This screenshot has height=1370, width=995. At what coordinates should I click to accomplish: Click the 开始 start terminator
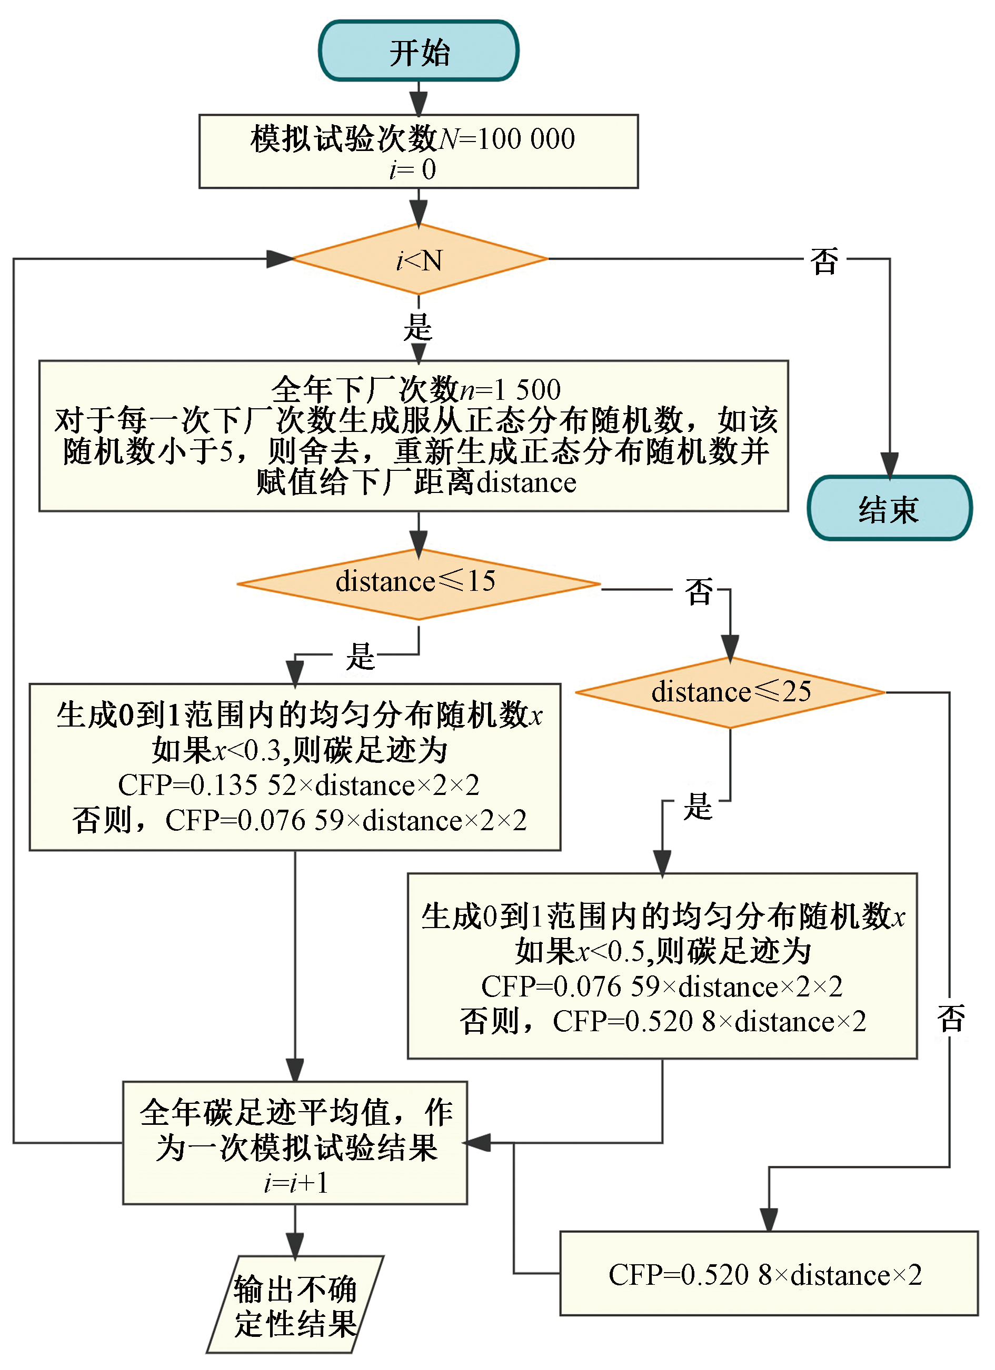tap(419, 52)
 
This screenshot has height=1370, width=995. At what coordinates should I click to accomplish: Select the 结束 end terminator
tap(889, 509)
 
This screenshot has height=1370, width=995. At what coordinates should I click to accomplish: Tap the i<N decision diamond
tap(419, 260)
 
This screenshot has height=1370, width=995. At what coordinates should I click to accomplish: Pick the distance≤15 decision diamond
tap(417, 583)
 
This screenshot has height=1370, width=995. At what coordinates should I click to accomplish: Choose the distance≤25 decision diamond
tap(730, 692)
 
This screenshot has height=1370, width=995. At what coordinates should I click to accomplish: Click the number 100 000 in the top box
tap(526, 139)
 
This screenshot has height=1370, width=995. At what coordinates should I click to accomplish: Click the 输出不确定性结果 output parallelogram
tap(295, 1305)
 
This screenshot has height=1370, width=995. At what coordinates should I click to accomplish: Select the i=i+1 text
tap(295, 1183)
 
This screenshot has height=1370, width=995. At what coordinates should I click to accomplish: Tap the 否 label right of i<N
tap(824, 261)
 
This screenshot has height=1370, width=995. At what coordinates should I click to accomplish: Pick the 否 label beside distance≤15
tap(699, 591)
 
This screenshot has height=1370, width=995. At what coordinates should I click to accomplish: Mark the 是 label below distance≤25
tap(698, 807)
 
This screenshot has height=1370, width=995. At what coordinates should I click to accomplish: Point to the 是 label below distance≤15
tap(360, 657)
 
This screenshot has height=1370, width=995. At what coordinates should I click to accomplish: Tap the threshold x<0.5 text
tap(610, 951)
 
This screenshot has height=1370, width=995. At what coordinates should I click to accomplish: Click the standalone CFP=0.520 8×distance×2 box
tap(768, 1275)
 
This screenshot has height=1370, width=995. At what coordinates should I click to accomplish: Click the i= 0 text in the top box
tap(412, 170)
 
